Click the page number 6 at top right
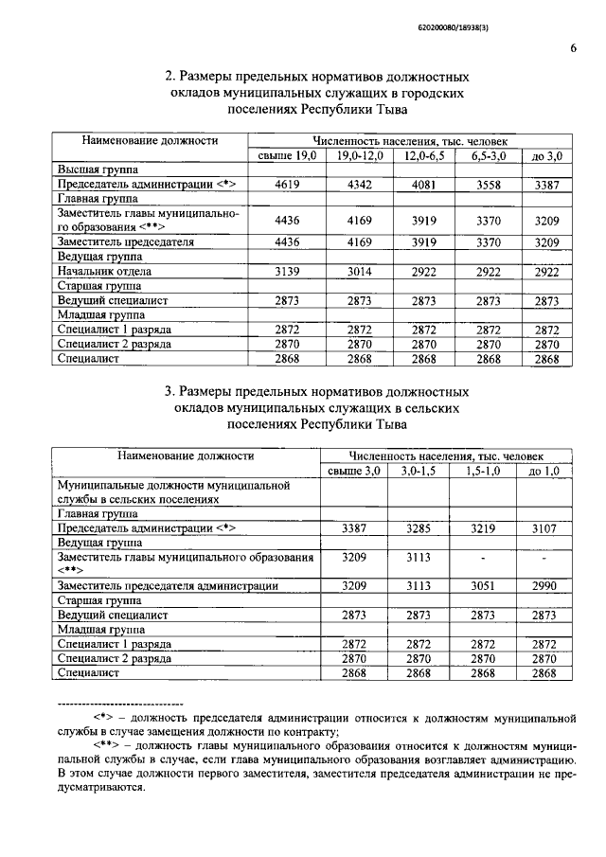[574, 49]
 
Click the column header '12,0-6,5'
[425, 155]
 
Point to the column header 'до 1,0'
[544, 471]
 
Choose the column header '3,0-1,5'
[418, 471]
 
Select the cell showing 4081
[425, 185]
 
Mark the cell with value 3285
[418, 528]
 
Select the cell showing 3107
[544, 528]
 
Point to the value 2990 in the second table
[544, 586]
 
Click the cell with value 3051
[481, 586]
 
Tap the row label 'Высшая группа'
[94, 170]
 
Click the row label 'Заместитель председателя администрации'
[168, 586]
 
